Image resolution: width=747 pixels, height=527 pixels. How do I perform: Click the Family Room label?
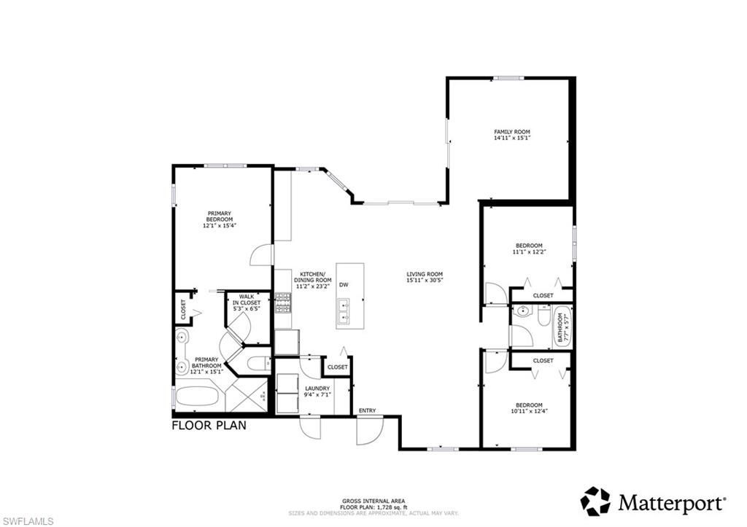click(x=511, y=132)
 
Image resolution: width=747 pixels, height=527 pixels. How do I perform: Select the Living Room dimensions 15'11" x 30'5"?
click(x=425, y=280)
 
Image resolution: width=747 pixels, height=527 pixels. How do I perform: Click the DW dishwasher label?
click(x=343, y=285)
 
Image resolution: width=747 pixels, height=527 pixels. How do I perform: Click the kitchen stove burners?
click(x=282, y=303)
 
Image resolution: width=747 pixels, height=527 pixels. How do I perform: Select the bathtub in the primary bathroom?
click(x=196, y=399)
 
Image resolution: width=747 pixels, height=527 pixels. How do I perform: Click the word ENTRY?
click(x=367, y=411)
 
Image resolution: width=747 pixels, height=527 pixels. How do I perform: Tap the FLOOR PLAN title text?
click(x=209, y=425)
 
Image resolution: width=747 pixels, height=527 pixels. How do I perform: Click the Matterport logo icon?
click(x=595, y=501)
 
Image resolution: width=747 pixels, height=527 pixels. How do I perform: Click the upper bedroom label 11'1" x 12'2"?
click(x=529, y=249)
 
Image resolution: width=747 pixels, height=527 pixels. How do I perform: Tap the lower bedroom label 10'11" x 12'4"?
click(x=529, y=408)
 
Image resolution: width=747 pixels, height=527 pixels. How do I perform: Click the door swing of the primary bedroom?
click(x=260, y=255)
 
